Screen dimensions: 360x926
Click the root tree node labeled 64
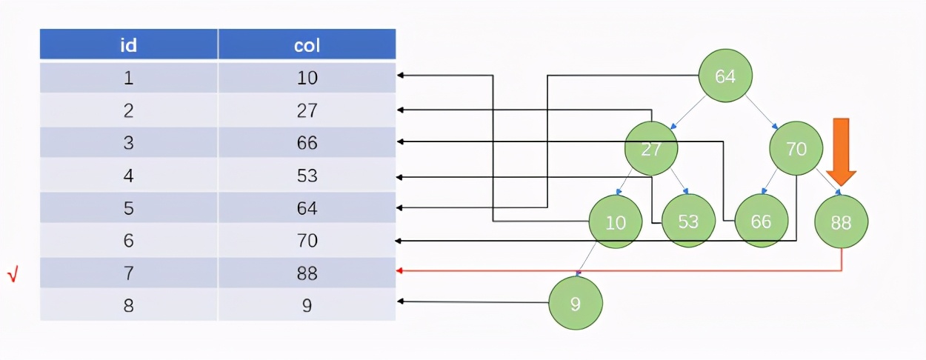[x=725, y=76]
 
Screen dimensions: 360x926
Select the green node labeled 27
[x=651, y=149]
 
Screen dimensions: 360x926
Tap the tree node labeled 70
[x=796, y=149]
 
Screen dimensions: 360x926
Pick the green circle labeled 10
[x=615, y=221]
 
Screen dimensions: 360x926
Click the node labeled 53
[x=688, y=221]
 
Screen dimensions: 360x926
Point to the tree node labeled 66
[x=761, y=221]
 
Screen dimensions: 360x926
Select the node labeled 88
[x=841, y=221]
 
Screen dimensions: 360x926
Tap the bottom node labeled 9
[x=576, y=303]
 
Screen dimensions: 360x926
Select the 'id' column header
[x=128, y=44]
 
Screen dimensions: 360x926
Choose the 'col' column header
[x=307, y=44]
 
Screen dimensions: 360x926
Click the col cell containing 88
[x=307, y=273]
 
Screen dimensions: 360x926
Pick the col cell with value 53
[x=307, y=176]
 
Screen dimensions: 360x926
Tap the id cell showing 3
[x=128, y=143]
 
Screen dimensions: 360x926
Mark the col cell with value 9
[x=307, y=305]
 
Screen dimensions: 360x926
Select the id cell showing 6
[x=128, y=241]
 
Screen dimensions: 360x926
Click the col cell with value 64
[x=307, y=208]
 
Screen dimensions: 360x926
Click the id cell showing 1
[x=128, y=78]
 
